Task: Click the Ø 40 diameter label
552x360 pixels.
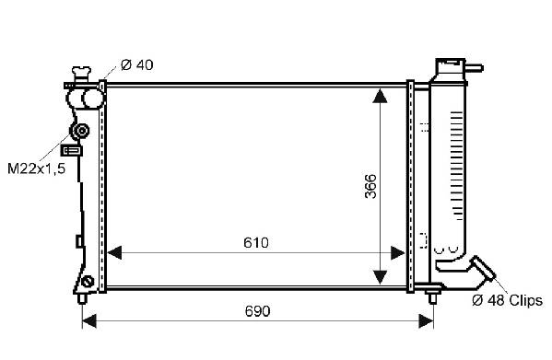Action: point(137,65)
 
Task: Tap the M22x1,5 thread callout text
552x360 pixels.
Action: point(36,168)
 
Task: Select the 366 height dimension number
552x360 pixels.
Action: point(370,186)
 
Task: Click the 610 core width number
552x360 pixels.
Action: point(256,242)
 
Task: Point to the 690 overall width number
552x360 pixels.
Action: point(257,311)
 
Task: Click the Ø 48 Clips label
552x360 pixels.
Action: point(507,300)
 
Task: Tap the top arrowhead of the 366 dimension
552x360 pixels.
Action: point(380,96)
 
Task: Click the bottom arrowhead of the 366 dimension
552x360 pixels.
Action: point(380,277)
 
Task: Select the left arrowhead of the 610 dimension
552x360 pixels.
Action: point(114,253)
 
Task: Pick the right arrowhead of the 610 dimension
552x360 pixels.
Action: point(398,253)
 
